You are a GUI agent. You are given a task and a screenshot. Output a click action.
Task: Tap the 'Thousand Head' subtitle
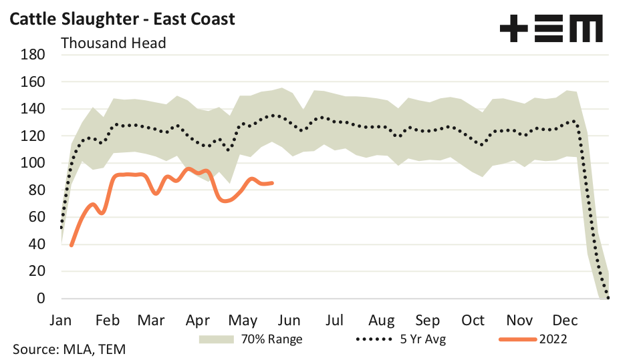[x=113, y=43]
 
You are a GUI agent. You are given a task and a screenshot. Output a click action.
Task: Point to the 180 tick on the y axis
[x=33, y=55]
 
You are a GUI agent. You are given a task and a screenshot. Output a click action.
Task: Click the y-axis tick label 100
[x=33, y=163]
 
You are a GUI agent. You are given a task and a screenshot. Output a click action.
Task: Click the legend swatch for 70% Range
[x=217, y=339]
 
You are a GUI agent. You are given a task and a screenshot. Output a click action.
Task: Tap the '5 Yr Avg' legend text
[x=424, y=339]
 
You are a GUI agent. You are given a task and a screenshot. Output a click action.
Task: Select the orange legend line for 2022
[x=517, y=339]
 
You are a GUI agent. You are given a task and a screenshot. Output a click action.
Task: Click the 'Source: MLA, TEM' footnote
[x=69, y=349]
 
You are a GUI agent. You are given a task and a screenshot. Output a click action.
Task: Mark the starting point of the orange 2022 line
[x=71, y=246]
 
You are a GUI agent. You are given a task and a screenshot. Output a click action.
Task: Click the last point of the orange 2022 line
[x=272, y=182]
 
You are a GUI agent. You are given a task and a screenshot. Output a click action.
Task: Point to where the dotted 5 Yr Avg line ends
[x=608, y=298]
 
